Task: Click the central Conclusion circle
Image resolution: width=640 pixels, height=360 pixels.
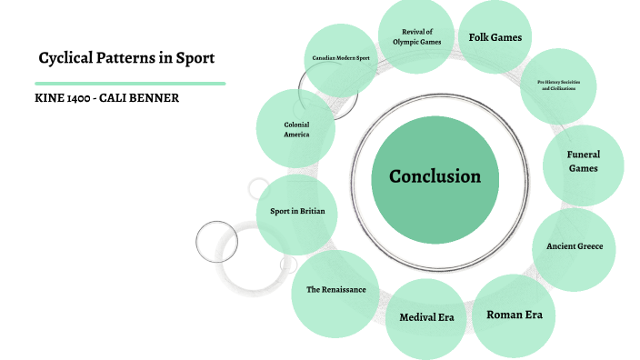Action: [435, 176]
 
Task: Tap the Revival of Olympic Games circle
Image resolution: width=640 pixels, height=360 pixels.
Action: [416, 36]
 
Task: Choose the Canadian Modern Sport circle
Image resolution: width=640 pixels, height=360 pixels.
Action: [341, 59]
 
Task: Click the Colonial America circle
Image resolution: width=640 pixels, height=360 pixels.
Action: [296, 128]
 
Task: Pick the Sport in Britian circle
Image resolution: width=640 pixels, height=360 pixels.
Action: [297, 212]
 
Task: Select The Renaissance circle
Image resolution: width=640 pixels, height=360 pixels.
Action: [335, 290]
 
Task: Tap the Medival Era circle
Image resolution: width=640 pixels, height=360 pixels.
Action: [425, 317]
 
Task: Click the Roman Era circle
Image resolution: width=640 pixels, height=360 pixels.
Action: [514, 315]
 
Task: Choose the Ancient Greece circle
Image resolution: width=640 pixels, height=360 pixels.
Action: [575, 247]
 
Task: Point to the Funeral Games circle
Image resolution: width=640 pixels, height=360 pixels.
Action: [583, 162]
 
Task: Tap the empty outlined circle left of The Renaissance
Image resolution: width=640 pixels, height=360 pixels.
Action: [216, 242]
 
